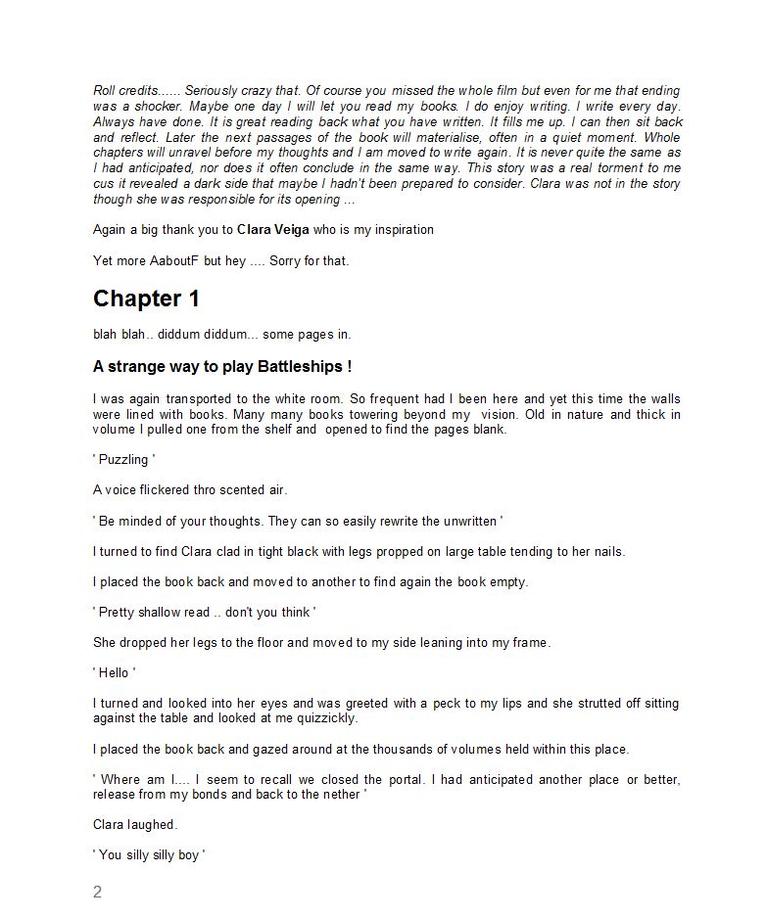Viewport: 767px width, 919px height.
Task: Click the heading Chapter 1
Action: click(146, 299)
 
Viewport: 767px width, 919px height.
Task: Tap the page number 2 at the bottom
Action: click(97, 892)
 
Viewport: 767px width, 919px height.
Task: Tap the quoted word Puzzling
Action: click(123, 459)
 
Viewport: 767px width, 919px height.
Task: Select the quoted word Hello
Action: click(115, 672)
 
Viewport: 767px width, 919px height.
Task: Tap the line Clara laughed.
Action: click(135, 825)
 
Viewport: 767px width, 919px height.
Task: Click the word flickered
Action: click(172, 489)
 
